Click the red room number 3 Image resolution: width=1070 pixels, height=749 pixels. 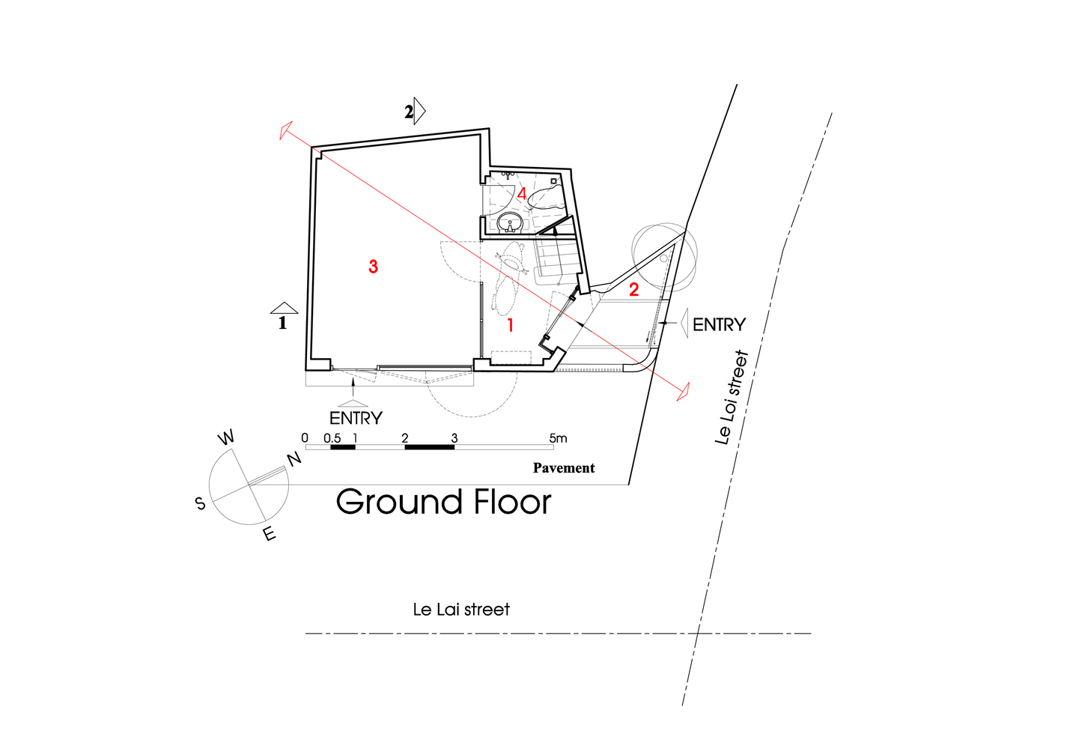point(373,267)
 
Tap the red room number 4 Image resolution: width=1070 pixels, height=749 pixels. point(522,194)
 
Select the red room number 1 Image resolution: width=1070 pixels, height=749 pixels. point(511,325)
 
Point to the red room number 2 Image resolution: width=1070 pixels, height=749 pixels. point(634,290)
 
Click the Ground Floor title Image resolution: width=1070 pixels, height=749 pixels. point(444,502)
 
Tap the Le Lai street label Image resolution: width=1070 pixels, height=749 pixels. point(461,610)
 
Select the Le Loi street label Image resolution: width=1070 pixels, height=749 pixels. point(731,398)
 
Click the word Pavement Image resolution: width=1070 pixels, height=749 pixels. point(564,467)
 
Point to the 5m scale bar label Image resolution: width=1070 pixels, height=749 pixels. point(558,438)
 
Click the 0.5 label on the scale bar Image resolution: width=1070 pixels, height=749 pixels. point(332,438)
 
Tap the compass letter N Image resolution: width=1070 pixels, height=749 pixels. point(294,458)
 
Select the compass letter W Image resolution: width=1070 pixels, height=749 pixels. point(226,437)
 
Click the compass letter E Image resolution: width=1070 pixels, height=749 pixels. point(270,533)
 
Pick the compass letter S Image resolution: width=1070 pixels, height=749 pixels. point(200,503)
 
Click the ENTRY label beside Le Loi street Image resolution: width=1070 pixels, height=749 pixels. point(719,325)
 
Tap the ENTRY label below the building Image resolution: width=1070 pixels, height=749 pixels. point(356,419)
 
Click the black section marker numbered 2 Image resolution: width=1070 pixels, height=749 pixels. point(414,112)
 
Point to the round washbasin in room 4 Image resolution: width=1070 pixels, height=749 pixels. point(510,223)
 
